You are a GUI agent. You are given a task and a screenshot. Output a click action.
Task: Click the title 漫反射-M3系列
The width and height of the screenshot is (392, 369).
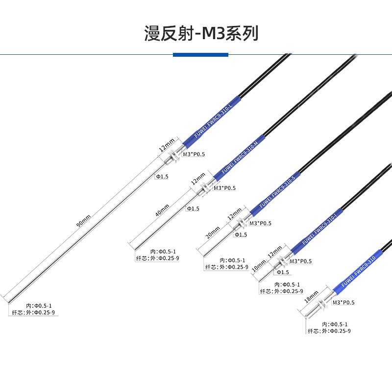point(201,33)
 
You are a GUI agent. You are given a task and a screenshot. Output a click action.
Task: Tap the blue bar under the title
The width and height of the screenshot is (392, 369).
point(200,55)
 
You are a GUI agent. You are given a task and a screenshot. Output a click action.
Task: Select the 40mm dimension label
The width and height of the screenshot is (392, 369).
point(162,211)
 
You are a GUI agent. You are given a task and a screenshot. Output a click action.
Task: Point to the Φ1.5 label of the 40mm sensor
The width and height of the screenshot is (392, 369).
point(193,209)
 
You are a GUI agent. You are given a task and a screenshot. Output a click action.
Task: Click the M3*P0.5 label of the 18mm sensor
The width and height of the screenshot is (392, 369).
point(343,303)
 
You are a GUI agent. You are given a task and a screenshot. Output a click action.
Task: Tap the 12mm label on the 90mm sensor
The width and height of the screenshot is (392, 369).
point(167,145)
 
